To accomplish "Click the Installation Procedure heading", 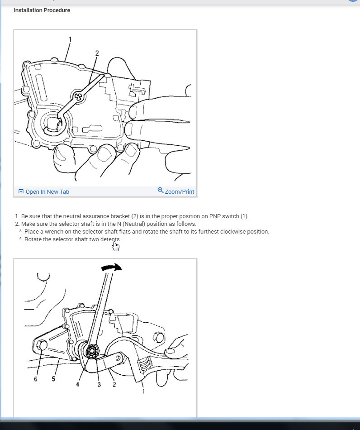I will [42, 10].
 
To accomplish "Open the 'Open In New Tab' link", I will [47, 192].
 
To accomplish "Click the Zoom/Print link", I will [179, 192].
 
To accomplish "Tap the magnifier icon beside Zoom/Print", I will [160, 191].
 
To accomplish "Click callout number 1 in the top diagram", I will [70, 39].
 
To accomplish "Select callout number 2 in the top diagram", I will [97, 53].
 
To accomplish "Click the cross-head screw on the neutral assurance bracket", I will [79, 96].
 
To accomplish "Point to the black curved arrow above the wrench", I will [112, 268].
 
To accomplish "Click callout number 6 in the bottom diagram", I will [36, 379].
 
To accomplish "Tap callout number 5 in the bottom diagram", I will [53, 379].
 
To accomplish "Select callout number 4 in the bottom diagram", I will [78, 384].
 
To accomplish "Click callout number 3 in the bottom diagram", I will [99, 384].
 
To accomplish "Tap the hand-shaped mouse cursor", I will [116, 246].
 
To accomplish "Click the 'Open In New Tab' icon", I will [21, 191].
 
